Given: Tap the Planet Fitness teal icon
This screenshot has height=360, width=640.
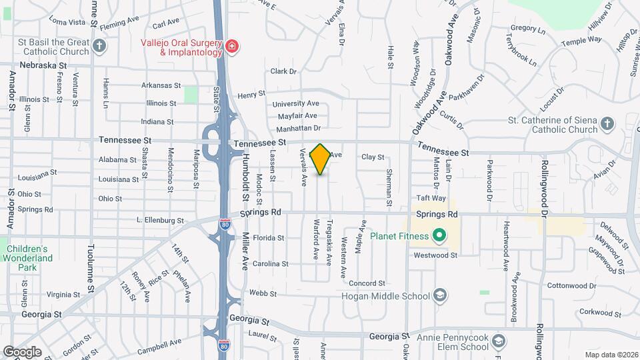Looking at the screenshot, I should coord(439,235).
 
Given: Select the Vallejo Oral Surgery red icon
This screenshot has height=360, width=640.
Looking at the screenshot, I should coord(231,46).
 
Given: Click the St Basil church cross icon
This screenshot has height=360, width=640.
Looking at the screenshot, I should coord(99,46).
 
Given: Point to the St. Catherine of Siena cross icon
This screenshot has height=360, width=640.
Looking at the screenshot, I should coord(607,123).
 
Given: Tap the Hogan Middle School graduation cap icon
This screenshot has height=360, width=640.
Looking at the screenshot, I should coord(439,295).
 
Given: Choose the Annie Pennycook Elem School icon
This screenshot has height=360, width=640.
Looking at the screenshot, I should coord(498,343).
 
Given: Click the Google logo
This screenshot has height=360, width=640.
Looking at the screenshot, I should coord(22,351).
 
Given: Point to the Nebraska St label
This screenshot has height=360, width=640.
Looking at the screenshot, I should coord(44,65).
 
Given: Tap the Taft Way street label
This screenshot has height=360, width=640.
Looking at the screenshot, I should coord(431,198).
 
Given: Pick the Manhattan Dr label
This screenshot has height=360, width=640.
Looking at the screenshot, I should coord(299,127).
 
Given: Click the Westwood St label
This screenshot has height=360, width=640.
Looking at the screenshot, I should coord(435,255).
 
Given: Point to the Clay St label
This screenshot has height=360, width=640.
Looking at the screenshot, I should coord(373,157).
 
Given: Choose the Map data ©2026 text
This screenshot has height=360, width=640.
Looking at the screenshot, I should coord(611,355).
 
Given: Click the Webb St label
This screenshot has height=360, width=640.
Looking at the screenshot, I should coord(263,293).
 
